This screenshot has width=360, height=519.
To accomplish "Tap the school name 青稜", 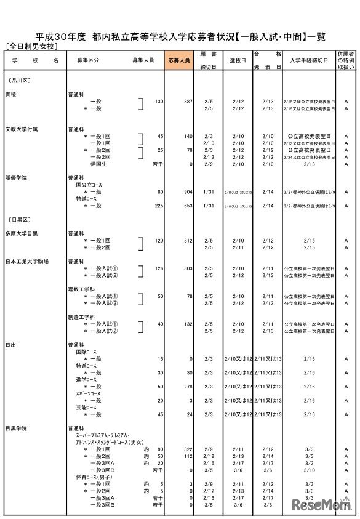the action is click(11, 95).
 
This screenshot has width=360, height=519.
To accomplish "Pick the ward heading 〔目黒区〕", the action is click(19, 219).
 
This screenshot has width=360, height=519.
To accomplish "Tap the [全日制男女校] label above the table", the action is click(31, 46).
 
